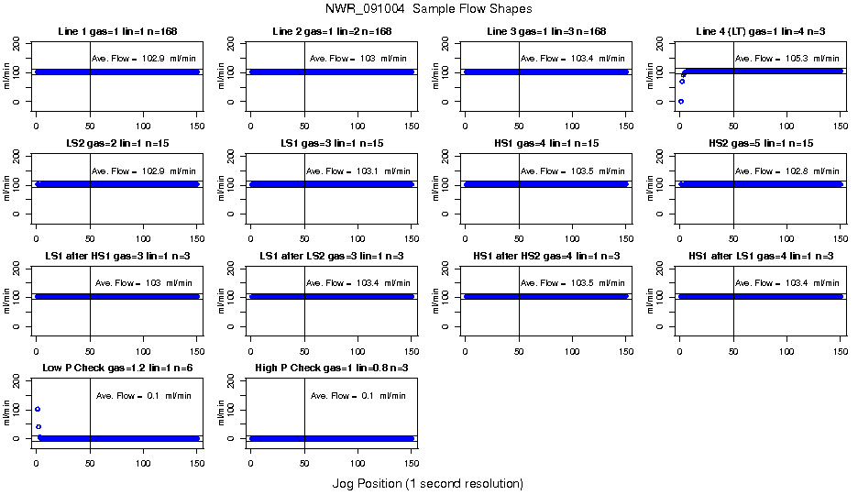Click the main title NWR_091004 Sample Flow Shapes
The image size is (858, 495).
(428, 8)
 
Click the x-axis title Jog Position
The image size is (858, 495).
(427, 483)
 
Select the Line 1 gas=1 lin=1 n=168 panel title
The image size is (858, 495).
(116, 32)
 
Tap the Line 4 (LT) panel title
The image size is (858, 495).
(760, 32)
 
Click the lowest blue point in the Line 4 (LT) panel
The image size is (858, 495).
(680, 101)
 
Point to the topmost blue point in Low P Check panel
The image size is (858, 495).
(38, 409)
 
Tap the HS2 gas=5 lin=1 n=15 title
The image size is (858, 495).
(760, 144)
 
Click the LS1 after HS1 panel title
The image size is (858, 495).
(116, 257)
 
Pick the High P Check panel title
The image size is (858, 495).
(331, 368)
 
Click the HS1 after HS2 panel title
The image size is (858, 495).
(545, 257)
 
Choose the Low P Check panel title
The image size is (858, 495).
(116, 368)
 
